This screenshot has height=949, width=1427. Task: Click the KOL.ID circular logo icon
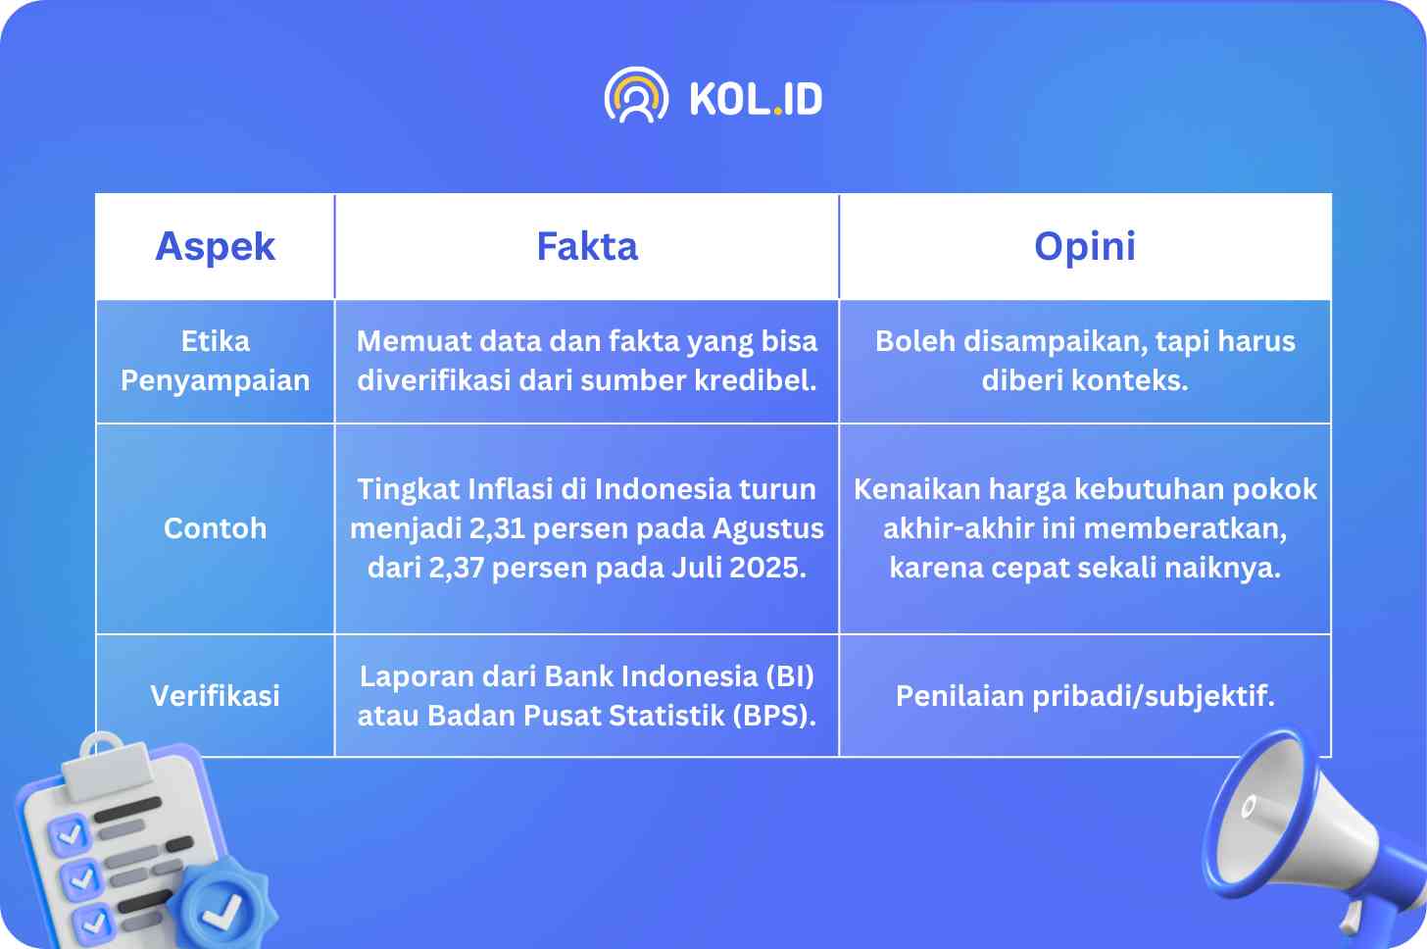point(636,96)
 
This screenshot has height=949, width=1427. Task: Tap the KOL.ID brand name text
point(757,99)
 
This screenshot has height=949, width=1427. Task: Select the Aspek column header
point(216,247)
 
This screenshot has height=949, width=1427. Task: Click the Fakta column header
point(587,247)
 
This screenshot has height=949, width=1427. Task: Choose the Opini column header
point(1085,247)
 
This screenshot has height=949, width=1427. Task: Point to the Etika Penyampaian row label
point(216,361)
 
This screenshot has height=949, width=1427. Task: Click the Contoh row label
point(216,528)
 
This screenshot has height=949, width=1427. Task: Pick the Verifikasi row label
point(216,695)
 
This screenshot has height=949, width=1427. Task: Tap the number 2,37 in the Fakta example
point(456,568)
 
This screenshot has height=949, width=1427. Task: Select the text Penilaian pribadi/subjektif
point(1085,696)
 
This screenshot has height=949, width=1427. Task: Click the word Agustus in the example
point(767,529)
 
